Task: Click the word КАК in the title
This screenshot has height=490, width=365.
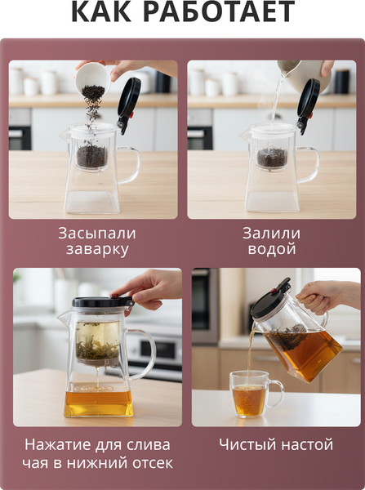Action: tap(101, 11)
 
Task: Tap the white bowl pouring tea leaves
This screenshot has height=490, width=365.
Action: tap(92, 76)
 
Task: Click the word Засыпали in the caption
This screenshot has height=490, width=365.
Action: tap(97, 234)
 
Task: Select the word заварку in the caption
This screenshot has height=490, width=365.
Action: tap(97, 250)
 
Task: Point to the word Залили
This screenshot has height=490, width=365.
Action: tap(272, 234)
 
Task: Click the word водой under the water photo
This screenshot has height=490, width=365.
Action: tap(272, 249)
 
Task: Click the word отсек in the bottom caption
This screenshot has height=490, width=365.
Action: tap(153, 463)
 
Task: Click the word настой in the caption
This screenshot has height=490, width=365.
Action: tap(305, 445)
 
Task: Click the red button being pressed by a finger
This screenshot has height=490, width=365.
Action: tap(114, 296)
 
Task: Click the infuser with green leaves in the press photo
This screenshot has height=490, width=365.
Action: tap(98, 343)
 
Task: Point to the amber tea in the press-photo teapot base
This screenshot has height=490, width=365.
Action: tap(99, 403)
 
